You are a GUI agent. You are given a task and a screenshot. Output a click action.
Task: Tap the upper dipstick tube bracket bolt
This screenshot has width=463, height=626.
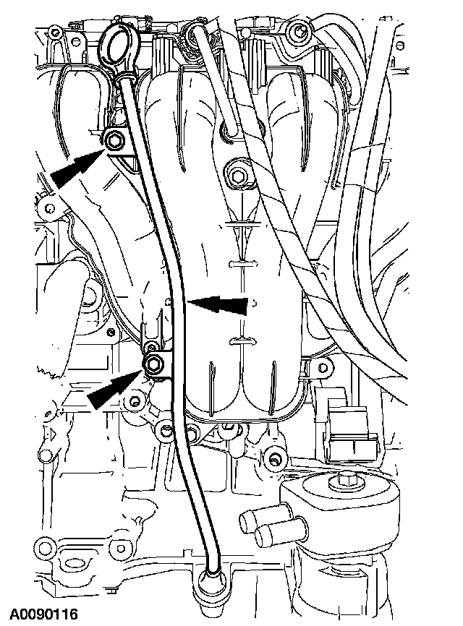click(114, 140)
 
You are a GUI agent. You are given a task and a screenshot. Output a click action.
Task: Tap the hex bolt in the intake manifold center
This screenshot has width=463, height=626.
click(238, 176)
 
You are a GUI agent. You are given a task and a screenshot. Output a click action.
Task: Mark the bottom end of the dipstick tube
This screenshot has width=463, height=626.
click(213, 575)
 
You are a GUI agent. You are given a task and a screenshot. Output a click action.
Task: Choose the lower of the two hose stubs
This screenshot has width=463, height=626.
click(269, 536)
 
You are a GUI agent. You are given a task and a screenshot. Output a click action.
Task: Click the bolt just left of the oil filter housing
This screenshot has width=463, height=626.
click(273, 458)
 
